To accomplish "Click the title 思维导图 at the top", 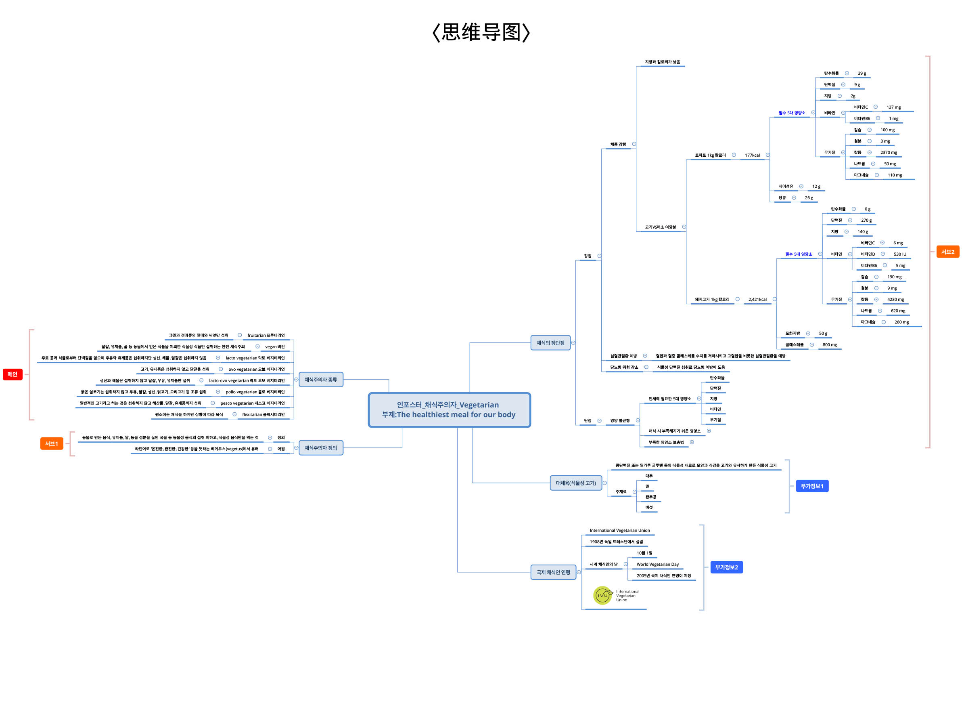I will point(481,32).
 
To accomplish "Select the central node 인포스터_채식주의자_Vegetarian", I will point(449,409).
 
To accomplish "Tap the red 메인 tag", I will point(13,374).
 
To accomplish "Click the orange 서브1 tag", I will point(52,443).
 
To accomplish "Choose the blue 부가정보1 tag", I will point(811,486).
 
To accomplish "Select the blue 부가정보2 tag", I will point(726,567).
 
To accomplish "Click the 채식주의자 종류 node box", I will point(320,380).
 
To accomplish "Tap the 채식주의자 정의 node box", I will point(320,448).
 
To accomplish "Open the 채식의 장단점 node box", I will point(550,343).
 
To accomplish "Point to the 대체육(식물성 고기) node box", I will point(575,483).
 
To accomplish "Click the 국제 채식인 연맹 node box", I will point(553,572).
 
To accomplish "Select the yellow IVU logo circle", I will point(602,596).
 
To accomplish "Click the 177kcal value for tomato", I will point(752,155).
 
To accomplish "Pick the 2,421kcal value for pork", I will point(757,300).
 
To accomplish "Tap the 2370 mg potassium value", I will point(888,153).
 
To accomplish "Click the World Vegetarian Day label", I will point(657,564).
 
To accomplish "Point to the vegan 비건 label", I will point(274,347).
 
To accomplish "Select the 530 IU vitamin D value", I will point(899,254).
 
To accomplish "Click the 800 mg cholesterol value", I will point(829,345).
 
